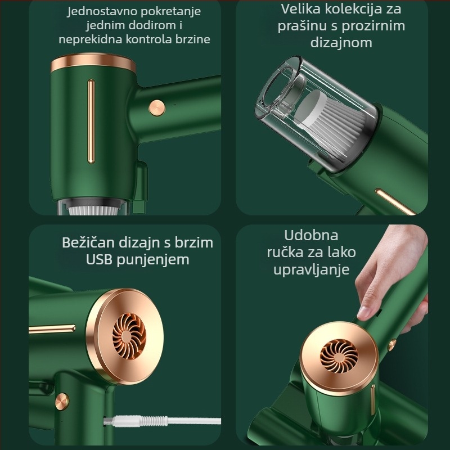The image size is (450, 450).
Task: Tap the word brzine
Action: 193,39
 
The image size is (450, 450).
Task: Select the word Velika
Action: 300,9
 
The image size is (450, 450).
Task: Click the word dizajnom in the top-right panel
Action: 341,43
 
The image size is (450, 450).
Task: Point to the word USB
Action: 99,259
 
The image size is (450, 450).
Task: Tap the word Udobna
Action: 311,235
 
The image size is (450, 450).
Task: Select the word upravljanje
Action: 312,270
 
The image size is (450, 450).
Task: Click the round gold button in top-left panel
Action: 157,108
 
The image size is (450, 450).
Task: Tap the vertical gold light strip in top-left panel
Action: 91,121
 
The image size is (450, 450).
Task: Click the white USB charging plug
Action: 136,421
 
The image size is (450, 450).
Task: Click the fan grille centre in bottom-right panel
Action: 339,356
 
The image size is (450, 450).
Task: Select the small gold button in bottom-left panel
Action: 62,401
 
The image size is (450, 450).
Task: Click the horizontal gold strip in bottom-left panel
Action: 52,329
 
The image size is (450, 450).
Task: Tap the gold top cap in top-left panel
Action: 93,63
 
